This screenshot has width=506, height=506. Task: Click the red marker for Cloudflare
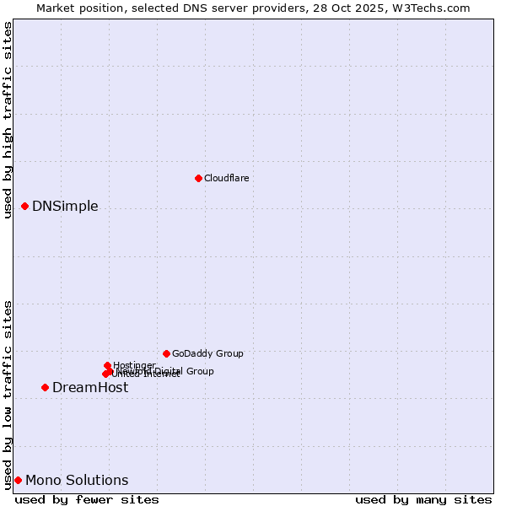(x=198, y=178)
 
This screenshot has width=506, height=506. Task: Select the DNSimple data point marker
(x=24, y=206)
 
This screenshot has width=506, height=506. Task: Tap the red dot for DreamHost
(x=45, y=387)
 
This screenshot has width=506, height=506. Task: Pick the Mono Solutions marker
(x=18, y=480)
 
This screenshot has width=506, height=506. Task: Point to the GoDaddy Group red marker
(x=166, y=353)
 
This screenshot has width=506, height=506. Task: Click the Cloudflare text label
(x=226, y=178)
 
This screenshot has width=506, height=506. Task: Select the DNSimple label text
(x=65, y=206)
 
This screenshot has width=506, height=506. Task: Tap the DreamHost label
(x=90, y=387)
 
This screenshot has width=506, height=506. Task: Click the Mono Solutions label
(x=77, y=480)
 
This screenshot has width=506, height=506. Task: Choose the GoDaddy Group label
(x=207, y=353)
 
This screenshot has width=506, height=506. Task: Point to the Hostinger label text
(x=134, y=365)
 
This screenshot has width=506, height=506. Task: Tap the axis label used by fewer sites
(x=87, y=499)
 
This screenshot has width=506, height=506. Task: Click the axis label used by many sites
(x=423, y=499)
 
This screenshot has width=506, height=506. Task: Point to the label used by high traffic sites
(x=8, y=120)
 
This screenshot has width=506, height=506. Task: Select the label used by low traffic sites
(x=8, y=395)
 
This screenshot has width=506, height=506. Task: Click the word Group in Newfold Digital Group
(x=199, y=371)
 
